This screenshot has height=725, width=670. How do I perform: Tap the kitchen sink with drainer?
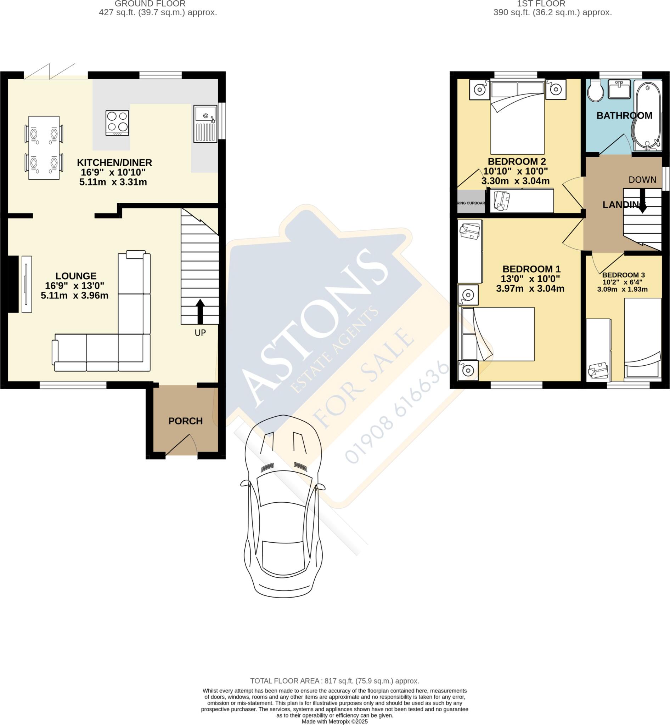point(205,124)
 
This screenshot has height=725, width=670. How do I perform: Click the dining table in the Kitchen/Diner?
point(44,148)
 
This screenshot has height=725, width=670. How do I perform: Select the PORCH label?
point(185,421)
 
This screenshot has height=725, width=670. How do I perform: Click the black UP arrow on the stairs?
point(200,311)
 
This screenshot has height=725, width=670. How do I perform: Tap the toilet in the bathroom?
point(595,91)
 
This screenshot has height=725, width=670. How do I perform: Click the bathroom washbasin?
point(619,89)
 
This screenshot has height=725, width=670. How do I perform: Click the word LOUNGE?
point(76,276)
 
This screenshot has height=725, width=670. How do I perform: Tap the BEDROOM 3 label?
point(624,275)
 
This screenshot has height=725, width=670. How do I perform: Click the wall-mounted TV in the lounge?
point(27,284)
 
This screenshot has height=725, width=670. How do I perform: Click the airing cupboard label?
point(471,203)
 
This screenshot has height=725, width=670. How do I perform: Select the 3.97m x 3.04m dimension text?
point(530,289)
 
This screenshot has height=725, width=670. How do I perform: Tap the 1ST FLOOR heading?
point(541,4)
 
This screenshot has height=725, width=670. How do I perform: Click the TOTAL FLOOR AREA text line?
point(334,681)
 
